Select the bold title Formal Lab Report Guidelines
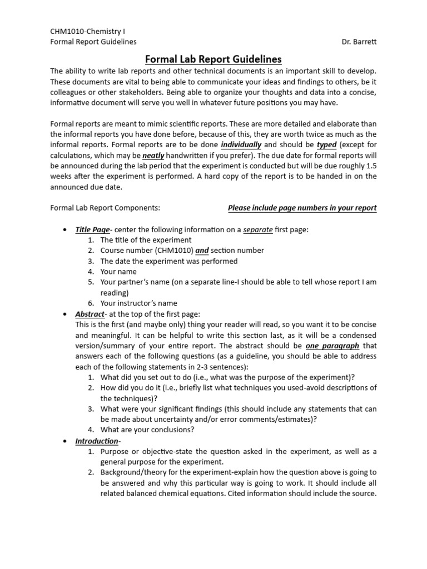tap(213, 59)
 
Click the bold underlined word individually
tap(241, 144)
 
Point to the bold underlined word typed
tap(326, 144)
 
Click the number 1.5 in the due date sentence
tap(370, 166)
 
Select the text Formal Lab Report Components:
tap(105, 208)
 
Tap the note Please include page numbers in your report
tap(302, 208)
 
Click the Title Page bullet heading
tap(92, 229)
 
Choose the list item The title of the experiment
tap(146, 240)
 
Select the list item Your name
tap(118, 272)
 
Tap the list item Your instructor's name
tap(139, 303)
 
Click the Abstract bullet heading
tap(90, 314)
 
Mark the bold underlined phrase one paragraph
tap(329, 346)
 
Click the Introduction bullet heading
tap(97, 441)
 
